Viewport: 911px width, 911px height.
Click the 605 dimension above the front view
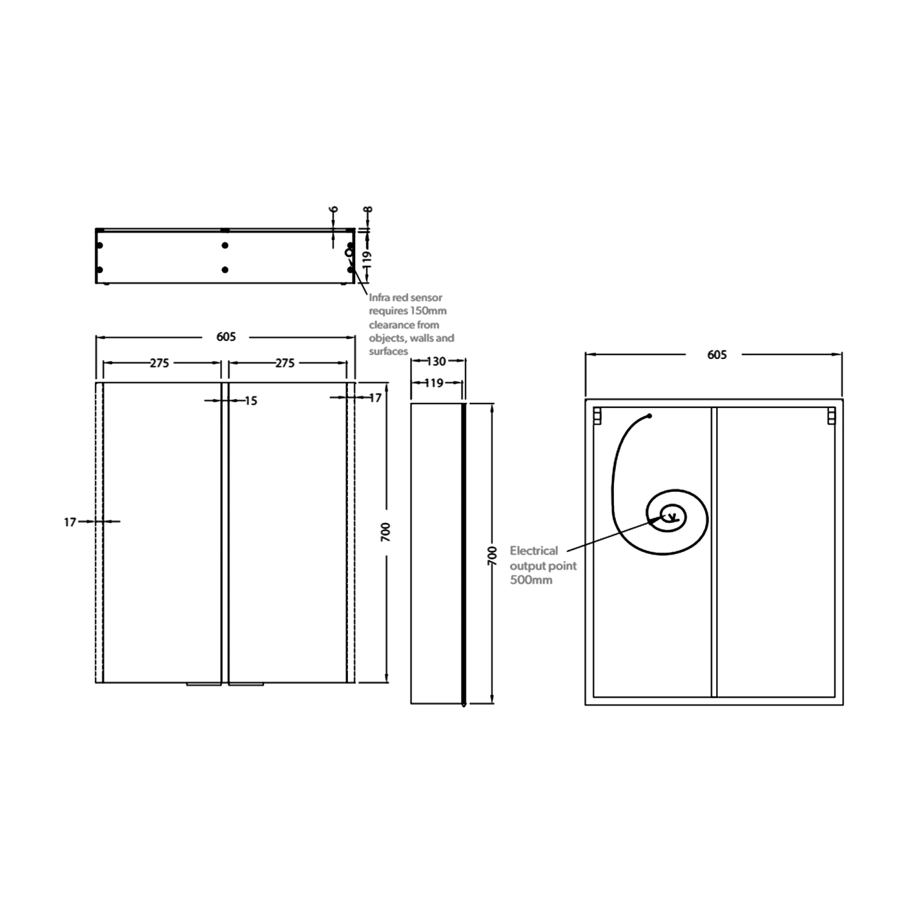tap(226, 336)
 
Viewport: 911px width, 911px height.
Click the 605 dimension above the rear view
tap(717, 355)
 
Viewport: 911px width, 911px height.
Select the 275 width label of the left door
tap(160, 363)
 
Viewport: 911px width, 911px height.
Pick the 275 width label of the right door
tap(285, 363)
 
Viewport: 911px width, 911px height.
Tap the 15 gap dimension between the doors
tap(251, 401)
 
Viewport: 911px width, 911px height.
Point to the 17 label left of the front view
tap(70, 522)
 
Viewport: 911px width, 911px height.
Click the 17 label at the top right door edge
tap(375, 398)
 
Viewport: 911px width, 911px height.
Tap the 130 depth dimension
tap(436, 361)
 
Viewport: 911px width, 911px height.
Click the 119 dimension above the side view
tap(434, 383)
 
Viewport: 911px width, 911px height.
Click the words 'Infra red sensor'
tap(405, 298)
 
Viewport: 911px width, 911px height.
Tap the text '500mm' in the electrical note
tap(531, 580)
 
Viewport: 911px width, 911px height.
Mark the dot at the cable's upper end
tap(649, 416)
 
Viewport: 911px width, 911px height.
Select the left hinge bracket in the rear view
tap(597, 417)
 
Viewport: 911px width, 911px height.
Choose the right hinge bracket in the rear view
tap(831, 417)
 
